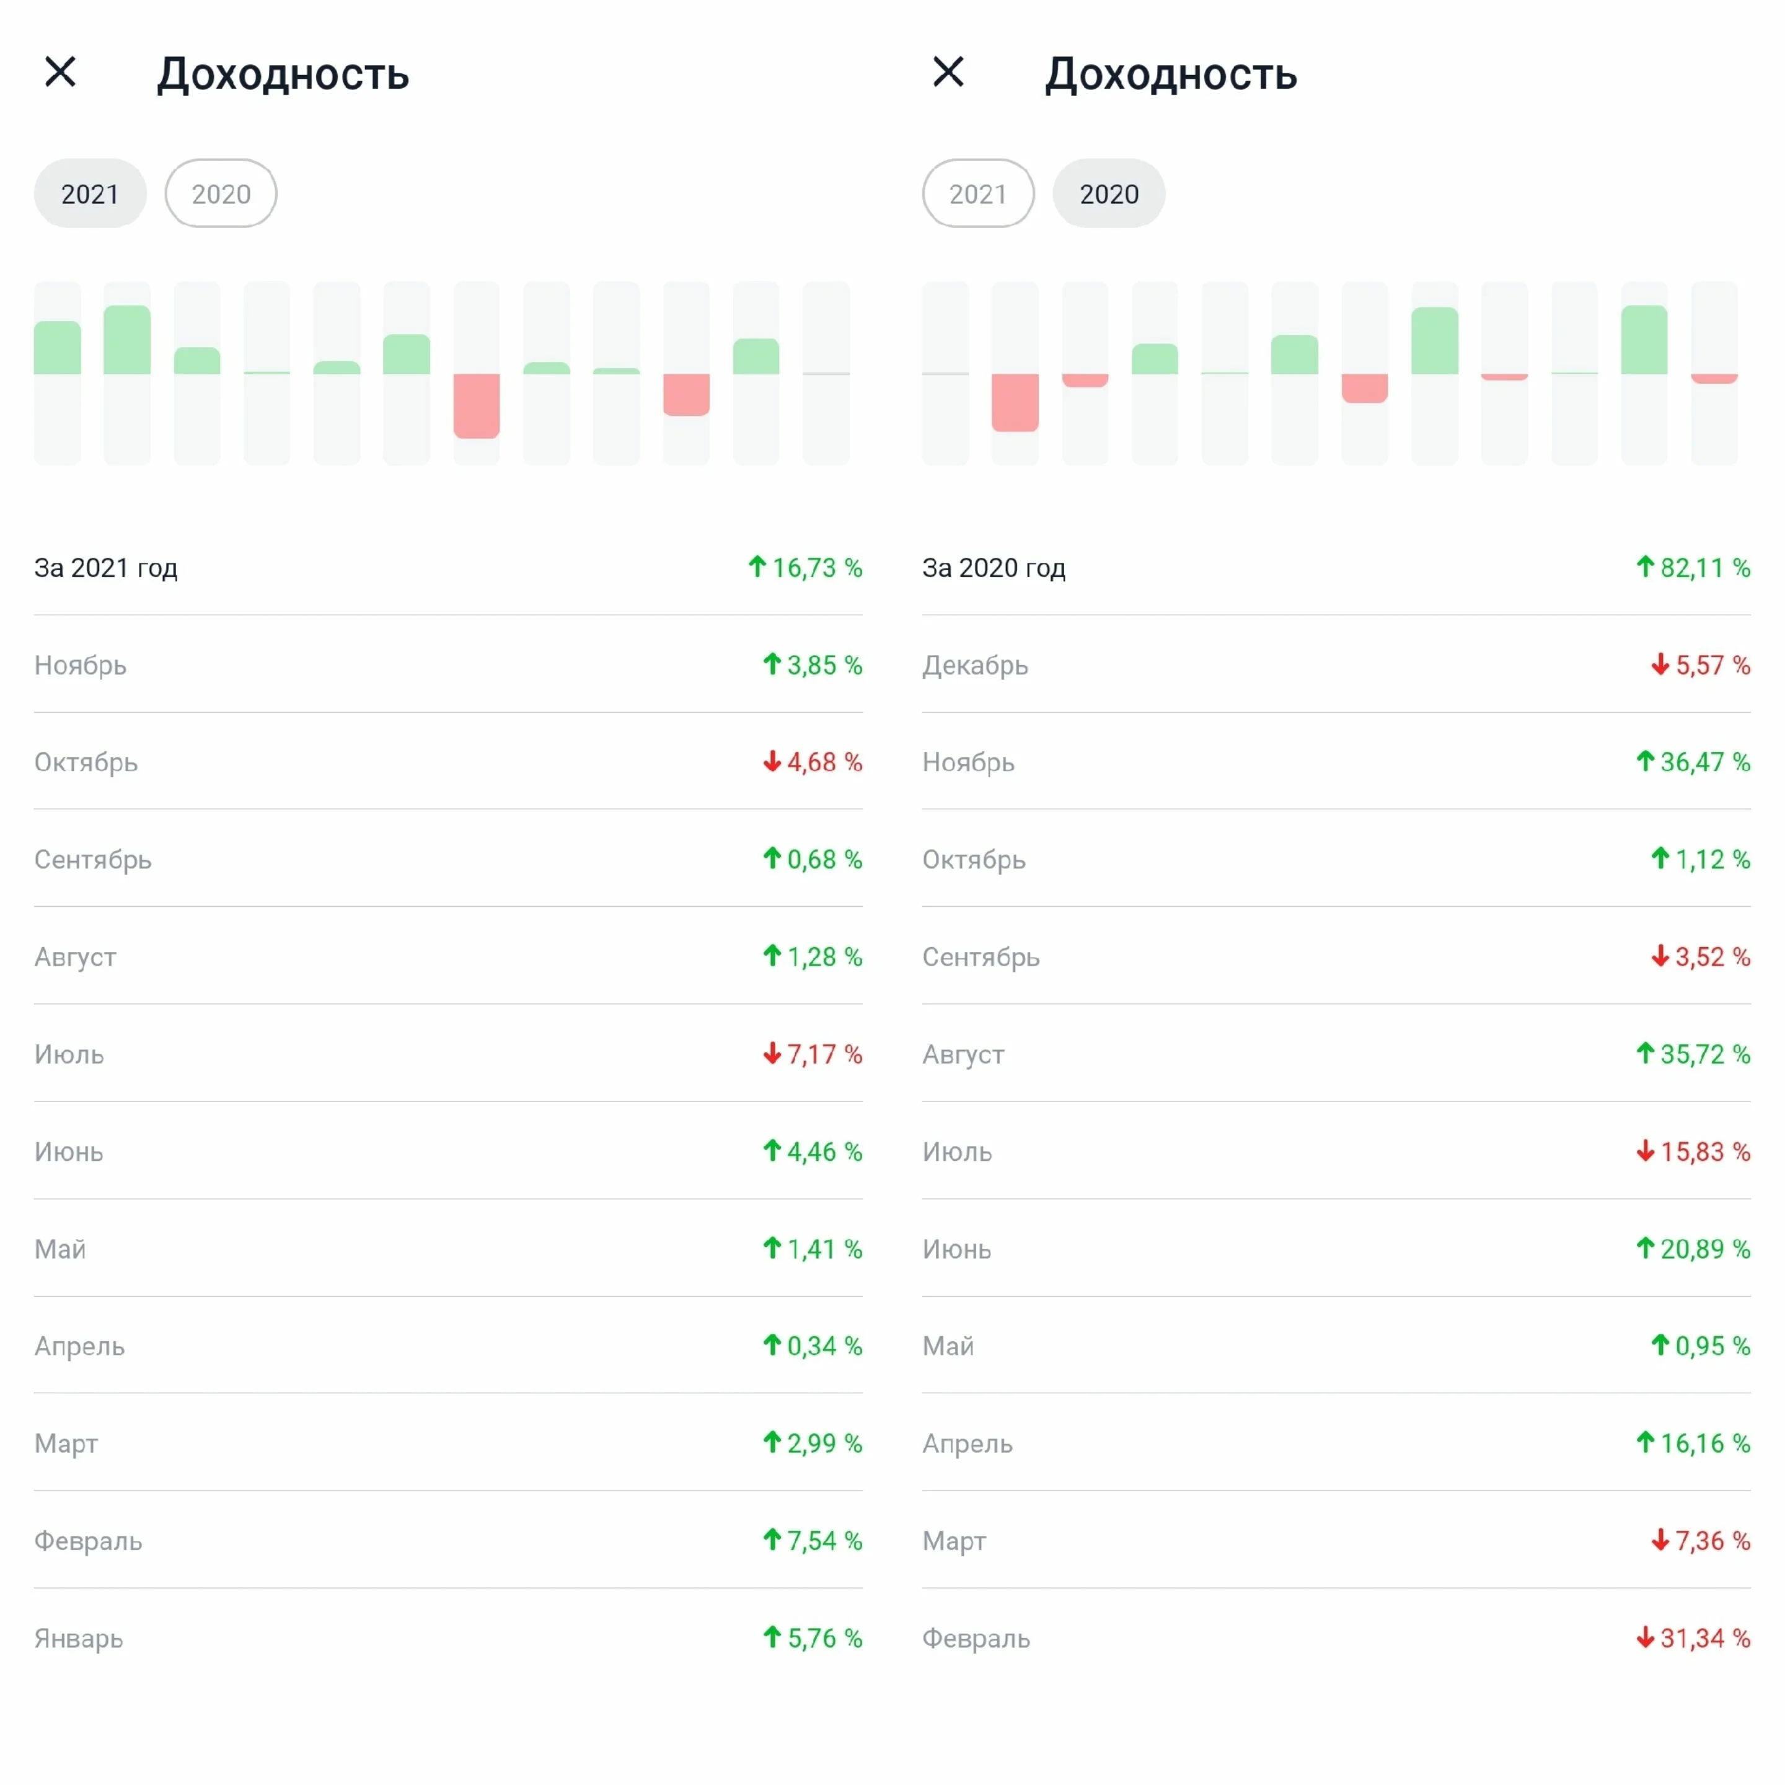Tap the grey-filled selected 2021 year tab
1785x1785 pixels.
coord(90,193)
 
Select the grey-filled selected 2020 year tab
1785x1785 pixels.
coord(1109,193)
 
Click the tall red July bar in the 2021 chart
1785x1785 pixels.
coord(476,405)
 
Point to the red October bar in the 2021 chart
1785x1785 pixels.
coord(687,395)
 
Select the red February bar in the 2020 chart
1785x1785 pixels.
coord(1015,402)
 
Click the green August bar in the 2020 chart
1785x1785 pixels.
coord(1435,340)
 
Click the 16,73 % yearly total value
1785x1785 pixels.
coord(817,567)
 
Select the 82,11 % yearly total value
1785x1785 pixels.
coord(1706,567)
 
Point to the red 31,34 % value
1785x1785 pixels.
coord(1706,1638)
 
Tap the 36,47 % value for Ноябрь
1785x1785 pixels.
coord(1706,762)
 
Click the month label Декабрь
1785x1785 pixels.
coord(975,665)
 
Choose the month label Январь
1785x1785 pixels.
coord(79,1638)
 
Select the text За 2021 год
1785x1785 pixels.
coord(106,567)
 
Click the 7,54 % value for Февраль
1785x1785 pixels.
coord(824,1540)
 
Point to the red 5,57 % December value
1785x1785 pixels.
coord(1713,665)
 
